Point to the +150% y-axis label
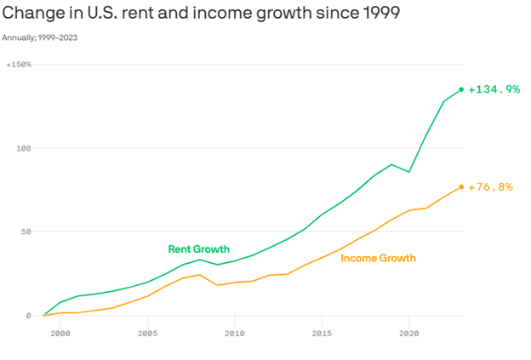(19, 65)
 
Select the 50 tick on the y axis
(26, 231)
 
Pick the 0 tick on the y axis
(28, 316)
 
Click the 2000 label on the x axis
(60, 334)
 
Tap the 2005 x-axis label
(147, 334)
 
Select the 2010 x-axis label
(234, 334)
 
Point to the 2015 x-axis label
(322, 334)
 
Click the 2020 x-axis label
(408, 334)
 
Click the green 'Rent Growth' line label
(198, 249)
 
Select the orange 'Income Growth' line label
(378, 257)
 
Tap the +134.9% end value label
(494, 89)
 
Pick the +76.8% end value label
(491, 187)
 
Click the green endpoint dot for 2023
(461, 89)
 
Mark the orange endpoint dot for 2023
(461, 187)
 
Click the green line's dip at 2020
(409, 172)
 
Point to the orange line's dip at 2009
(217, 285)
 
